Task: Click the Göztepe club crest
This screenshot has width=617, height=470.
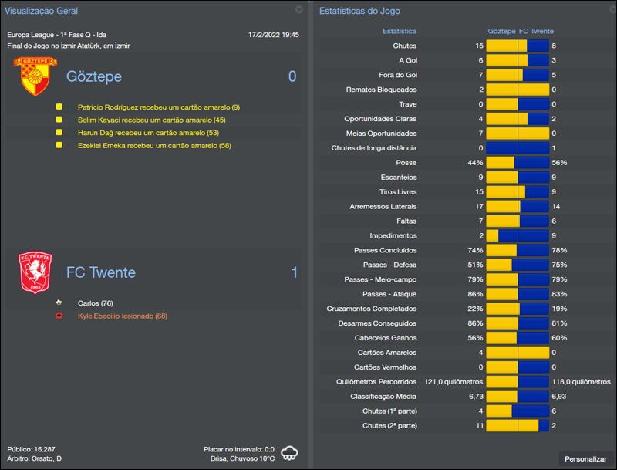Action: tap(32, 76)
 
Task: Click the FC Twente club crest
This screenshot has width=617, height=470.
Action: tap(35, 272)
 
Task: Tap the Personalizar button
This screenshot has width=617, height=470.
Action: tap(585, 458)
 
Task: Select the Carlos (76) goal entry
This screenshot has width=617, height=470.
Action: tap(96, 303)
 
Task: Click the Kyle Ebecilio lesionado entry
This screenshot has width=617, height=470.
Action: tap(123, 316)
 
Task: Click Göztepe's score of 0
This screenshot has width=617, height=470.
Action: tap(292, 76)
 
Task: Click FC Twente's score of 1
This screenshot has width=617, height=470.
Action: tap(294, 272)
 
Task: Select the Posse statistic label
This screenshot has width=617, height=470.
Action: tap(406, 163)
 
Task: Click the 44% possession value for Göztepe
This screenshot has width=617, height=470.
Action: tap(475, 163)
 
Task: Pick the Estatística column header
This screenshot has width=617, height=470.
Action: tap(400, 32)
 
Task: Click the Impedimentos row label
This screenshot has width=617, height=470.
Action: tap(393, 235)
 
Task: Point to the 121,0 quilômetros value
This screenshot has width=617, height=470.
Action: tap(453, 381)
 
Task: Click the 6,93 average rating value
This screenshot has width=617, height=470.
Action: tap(561, 396)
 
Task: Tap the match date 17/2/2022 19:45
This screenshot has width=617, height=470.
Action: tap(274, 35)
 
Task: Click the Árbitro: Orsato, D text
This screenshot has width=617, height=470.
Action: tap(35, 458)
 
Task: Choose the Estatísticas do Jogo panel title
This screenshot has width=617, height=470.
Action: tap(359, 11)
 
